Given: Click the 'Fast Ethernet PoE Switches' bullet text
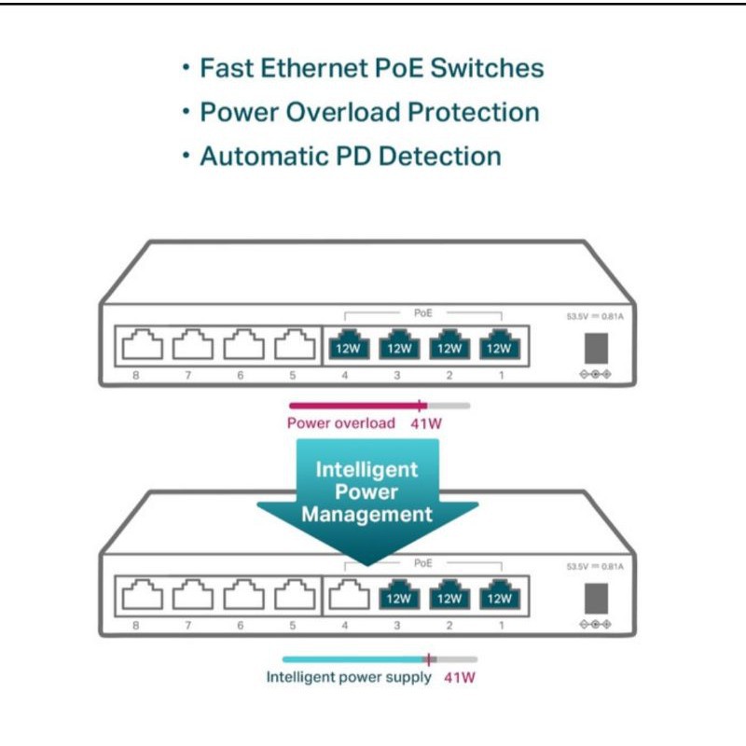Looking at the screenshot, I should click(371, 68).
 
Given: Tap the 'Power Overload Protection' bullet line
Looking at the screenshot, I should click(369, 112).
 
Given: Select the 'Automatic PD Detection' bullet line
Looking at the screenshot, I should click(350, 156).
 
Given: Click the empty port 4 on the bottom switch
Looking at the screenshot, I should click(346, 597).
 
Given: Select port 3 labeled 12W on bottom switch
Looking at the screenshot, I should click(398, 597).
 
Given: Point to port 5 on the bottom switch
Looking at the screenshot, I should click(295, 597).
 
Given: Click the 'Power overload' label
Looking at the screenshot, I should click(340, 423).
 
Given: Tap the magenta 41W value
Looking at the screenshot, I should click(427, 423).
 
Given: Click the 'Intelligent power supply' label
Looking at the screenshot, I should click(349, 677).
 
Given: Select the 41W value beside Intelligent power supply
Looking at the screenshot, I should click(459, 677).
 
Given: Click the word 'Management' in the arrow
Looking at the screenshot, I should click(366, 515).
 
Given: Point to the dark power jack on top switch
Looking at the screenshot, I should click(595, 348).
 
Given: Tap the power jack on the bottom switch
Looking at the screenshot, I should click(595, 598).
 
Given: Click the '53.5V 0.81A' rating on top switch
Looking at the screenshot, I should click(595, 317).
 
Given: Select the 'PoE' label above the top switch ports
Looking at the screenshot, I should click(422, 313).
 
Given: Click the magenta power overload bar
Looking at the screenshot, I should click(354, 406).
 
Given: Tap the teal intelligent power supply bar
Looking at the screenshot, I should click(354, 658).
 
